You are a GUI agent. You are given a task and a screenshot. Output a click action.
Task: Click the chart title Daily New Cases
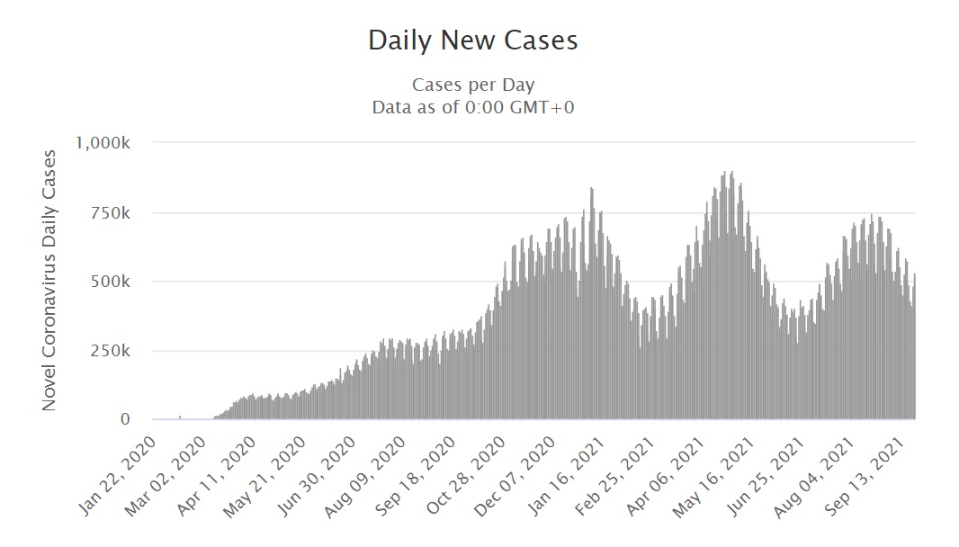(x=472, y=40)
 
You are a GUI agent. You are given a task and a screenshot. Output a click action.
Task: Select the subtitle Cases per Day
(x=473, y=85)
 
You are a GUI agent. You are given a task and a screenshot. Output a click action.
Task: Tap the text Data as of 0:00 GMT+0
(x=473, y=107)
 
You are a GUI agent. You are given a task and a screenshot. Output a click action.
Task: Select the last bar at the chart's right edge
(x=914, y=347)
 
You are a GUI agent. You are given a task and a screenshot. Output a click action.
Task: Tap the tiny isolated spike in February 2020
(x=181, y=417)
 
